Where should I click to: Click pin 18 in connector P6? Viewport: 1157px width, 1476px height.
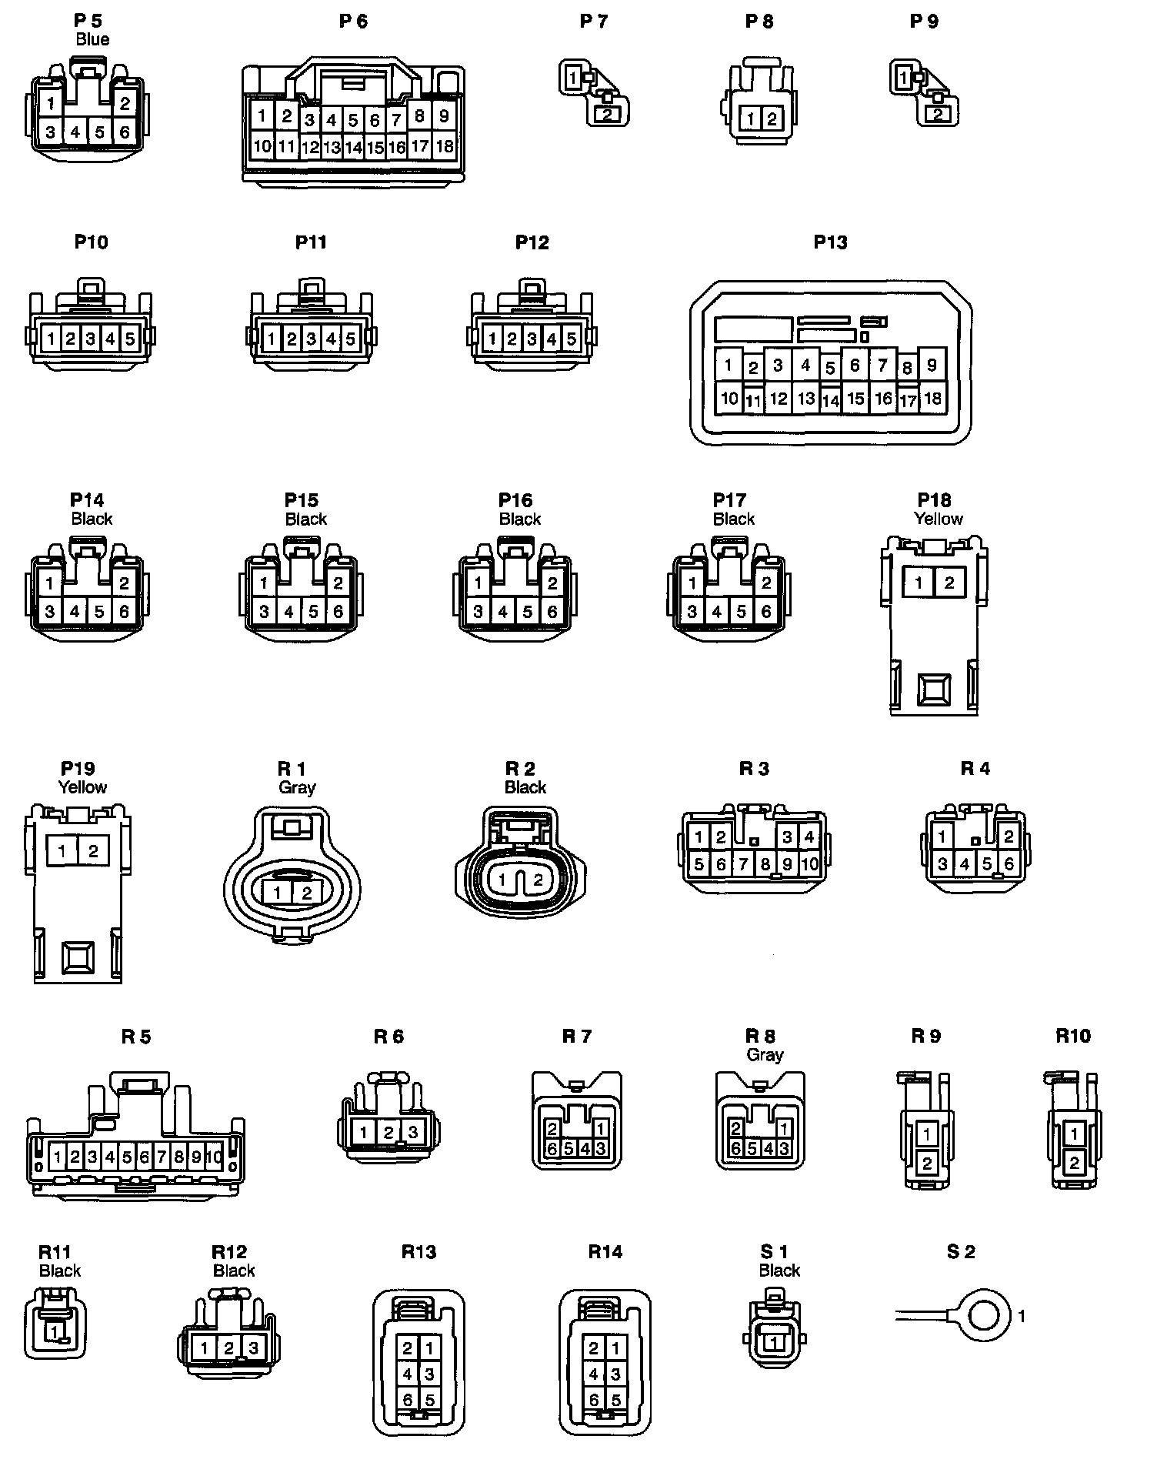pos(445,146)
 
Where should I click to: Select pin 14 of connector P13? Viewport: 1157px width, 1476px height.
pos(831,400)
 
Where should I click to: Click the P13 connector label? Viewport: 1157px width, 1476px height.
pos(830,242)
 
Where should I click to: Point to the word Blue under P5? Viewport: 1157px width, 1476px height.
pos(92,40)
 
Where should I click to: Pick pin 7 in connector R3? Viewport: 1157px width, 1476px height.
pos(743,863)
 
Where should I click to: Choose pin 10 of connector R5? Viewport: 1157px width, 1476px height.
pos(215,1156)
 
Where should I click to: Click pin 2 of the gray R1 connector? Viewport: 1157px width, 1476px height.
pos(307,893)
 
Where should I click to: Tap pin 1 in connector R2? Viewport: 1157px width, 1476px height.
pos(502,880)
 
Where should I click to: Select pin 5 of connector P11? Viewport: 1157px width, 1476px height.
pos(350,338)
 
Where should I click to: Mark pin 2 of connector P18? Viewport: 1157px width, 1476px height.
pos(949,583)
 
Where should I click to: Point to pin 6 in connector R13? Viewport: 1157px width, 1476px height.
pos(408,1400)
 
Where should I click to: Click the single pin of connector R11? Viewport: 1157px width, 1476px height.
pos(55,1331)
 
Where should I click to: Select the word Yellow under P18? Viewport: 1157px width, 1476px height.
pos(939,519)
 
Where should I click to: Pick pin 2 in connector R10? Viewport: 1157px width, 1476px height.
pos(1075,1162)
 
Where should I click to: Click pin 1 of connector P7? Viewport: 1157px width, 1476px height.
pos(572,77)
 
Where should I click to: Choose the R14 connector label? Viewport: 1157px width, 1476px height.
pos(605,1252)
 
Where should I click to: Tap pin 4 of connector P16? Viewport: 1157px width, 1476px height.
pos(502,612)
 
